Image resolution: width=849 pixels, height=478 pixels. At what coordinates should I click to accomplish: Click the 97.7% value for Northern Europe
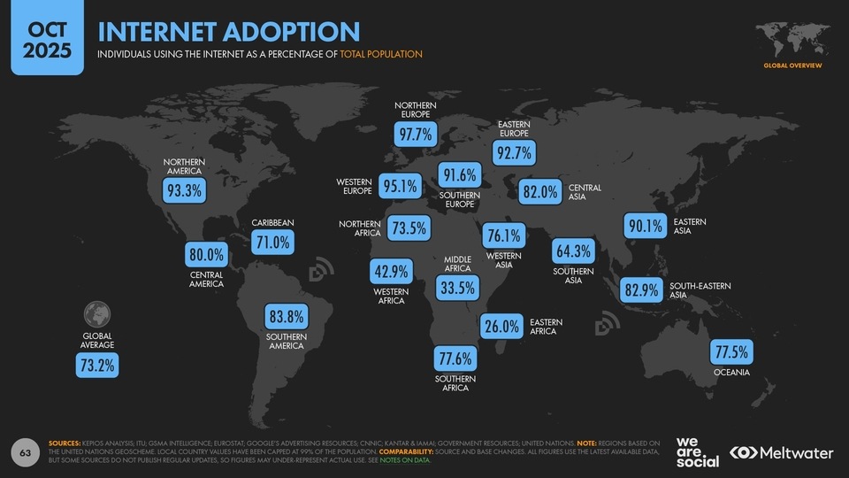pyautogui.click(x=415, y=135)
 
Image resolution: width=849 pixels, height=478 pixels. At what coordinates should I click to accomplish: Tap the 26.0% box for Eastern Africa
pyautogui.click(x=501, y=327)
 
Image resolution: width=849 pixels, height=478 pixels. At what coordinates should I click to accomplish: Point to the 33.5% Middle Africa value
pyautogui.click(x=458, y=287)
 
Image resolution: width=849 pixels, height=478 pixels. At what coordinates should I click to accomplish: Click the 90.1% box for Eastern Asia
pyautogui.click(x=645, y=227)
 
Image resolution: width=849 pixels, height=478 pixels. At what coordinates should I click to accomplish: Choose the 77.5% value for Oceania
pyautogui.click(x=731, y=352)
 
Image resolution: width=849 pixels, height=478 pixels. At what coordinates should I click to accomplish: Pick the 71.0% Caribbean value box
pyautogui.click(x=272, y=242)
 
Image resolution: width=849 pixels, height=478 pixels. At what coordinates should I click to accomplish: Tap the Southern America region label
pyautogui.click(x=287, y=341)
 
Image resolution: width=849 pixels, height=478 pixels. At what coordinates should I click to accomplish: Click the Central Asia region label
pyautogui.click(x=585, y=192)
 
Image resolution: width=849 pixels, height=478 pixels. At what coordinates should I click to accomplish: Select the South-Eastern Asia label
pyautogui.click(x=693, y=290)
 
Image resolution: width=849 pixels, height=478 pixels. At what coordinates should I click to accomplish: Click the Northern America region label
pyautogui.click(x=184, y=166)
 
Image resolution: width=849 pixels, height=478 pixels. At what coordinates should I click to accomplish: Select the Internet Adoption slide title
pyautogui.click(x=229, y=32)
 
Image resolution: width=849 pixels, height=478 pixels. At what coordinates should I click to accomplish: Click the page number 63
pyautogui.click(x=26, y=453)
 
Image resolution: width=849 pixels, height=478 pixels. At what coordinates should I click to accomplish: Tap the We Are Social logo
pyautogui.click(x=696, y=452)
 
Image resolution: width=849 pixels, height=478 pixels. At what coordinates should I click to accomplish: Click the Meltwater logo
pyautogui.click(x=782, y=452)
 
